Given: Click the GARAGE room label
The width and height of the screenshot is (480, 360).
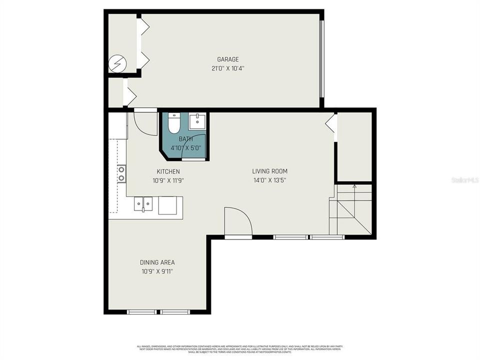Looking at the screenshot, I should pyautogui.click(x=227, y=59).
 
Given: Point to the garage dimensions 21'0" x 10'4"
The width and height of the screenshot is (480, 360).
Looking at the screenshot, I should pyautogui.click(x=227, y=68).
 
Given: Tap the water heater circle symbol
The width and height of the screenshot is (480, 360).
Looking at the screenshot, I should pyautogui.click(x=118, y=64).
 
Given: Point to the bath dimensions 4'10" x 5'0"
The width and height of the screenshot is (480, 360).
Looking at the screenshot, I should pyautogui.click(x=185, y=148).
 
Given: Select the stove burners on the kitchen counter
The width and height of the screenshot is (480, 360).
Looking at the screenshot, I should pyautogui.click(x=121, y=174).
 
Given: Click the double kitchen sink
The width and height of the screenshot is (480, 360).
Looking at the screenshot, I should pyautogui.click(x=143, y=204).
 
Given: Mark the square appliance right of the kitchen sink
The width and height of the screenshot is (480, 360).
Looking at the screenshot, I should pyautogui.click(x=167, y=205).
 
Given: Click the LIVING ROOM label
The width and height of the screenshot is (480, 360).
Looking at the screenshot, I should pyautogui.click(x=269, y=171).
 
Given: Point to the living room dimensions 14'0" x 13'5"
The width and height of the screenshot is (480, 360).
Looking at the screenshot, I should pyautogui.click(x=269, y=180).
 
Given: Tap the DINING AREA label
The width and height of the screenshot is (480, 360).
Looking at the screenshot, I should pyautogui.click(x=157, y=262).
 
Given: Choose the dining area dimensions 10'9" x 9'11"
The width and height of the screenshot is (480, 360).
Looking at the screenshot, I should pyautogui.click(x=157, y=271).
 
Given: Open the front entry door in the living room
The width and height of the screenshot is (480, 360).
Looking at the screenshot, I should pyautogui.click(x=238, y=222).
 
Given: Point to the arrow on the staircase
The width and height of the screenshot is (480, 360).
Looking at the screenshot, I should pyautogui.click(x=354, y=187).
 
